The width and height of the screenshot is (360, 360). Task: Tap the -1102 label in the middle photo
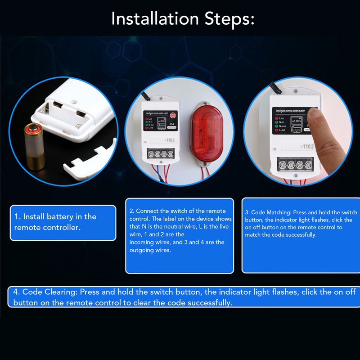pyautogui.click(x=170, y=141)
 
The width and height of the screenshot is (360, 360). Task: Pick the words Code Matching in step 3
pyautogui.click(x=270, y=212)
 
